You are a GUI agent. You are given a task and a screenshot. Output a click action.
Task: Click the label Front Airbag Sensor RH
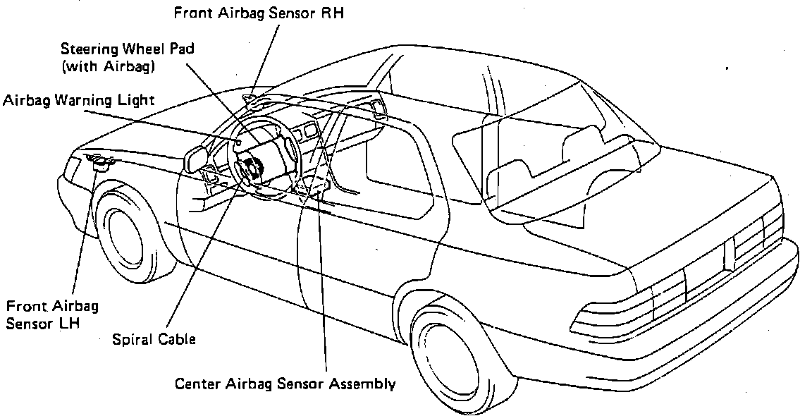(260, 12)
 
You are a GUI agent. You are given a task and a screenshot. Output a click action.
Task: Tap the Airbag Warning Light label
(78, 100)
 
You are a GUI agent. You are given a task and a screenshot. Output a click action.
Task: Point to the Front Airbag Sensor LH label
(52, 316)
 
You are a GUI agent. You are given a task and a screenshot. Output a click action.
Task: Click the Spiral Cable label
(154, 339)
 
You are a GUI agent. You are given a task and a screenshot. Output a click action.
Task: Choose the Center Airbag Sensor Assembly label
(285, 384)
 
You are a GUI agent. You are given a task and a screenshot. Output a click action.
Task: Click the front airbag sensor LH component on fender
(103, 164)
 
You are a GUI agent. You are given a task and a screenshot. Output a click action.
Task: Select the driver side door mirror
(195, 158)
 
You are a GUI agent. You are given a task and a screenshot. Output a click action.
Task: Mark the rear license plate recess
(704, 264)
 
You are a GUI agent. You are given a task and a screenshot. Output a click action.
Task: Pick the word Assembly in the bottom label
(364, 385)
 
